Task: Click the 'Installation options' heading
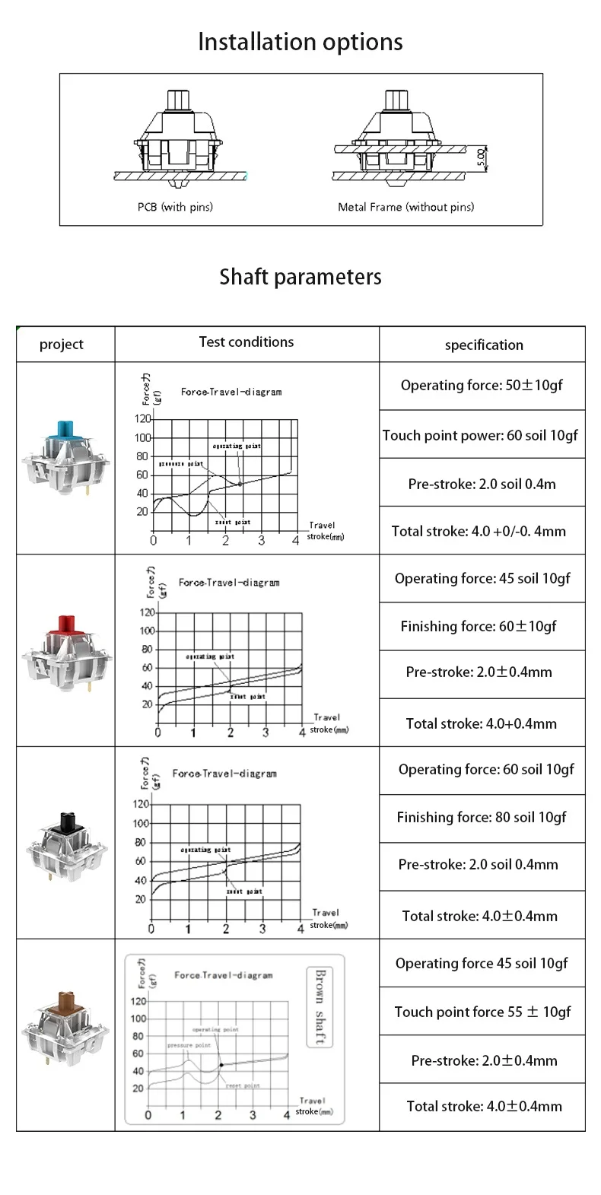(300, 42)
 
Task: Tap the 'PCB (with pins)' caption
(175, 207)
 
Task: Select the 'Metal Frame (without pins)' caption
(405, 207)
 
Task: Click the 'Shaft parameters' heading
(300, 277)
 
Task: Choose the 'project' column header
(62, 345)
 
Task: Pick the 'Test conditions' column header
(246, 342)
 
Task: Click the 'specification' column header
(484, 345)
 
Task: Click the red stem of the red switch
(64, 623)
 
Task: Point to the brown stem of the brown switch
(63, 1001)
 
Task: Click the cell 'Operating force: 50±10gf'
(482, 386)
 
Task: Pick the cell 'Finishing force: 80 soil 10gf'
(482, 818)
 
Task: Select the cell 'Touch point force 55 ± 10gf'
(482, 1012)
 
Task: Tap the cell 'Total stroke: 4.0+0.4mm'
(481, 723)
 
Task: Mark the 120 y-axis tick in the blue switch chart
(142, 419)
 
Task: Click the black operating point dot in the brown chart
(221, 1065)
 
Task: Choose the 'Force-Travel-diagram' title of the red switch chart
(229, 583)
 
